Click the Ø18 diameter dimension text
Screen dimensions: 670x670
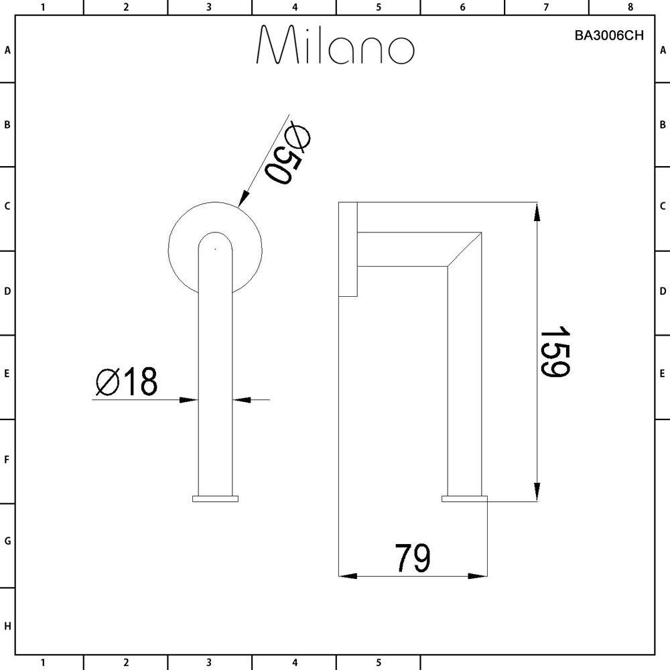click(127, 383)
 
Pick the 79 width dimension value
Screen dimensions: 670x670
click(412, 558)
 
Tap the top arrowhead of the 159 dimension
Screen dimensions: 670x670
click(536, 211)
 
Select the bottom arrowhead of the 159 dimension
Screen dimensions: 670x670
click(536, 492)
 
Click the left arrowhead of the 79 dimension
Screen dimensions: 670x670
click(347, 575)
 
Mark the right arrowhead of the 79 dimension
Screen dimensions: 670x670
click(478, 575)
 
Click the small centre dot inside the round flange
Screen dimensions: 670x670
click(215, 249)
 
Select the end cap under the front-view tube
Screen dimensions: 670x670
click(215, 498)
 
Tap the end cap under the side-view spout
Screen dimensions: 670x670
click(464, 498)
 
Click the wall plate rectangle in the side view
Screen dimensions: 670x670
click(348, 249)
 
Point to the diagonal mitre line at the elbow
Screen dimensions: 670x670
click(465, 249)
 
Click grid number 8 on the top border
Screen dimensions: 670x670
click(630, 7)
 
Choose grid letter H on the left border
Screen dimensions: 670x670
click(7, 626)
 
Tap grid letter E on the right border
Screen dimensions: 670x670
click(663, 373)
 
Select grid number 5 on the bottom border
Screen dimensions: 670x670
click(379, 663)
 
